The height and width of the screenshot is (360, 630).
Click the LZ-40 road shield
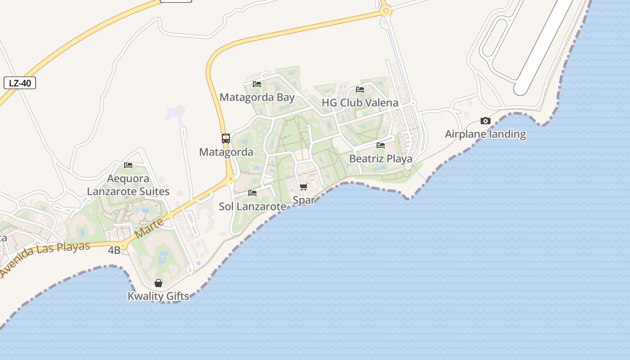[x=20, y=83]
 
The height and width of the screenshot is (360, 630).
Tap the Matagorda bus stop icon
[x=226, y=138]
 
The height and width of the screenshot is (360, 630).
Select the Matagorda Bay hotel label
[x=257, y=97]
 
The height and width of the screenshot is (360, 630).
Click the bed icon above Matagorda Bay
[x=257, y=84]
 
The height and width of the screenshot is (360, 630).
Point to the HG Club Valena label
[x=360, y=103]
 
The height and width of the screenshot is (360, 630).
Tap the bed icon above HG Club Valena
[x=360, y=89]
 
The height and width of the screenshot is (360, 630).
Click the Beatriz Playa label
[x=381, y=159]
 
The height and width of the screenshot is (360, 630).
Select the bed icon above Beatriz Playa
[x=381, y=145]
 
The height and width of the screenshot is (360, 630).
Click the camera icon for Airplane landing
[x=485, y=121]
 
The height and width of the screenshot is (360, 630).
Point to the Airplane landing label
[x=485, y=134]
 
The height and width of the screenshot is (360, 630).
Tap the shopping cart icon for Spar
[x=304, y=187]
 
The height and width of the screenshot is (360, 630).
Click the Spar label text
[x=304, y=200]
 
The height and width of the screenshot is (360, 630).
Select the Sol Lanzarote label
[x=252, y=207]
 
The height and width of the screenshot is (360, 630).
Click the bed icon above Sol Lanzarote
[x=252, y=193]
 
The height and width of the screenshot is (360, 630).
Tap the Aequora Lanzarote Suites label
[x=128, y=185]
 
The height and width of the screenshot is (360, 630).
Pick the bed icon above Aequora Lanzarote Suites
[x=128, y=165]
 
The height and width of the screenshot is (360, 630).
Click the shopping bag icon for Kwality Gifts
[x=158, y=283]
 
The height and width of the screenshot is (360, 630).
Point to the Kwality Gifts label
[x=158, y=297]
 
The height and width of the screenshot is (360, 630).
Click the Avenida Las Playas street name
[x=45, y=258]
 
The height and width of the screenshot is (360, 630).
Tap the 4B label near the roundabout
[x=114, y=250]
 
